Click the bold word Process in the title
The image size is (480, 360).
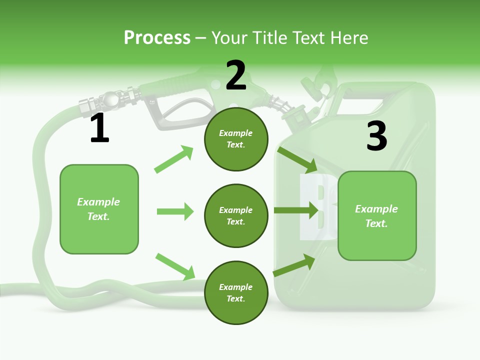pos(157,37)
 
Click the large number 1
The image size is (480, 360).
pos(99,129)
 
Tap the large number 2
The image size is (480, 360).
pos(236,75)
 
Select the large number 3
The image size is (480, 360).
pos(376,136)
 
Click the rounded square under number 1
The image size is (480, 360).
pos(99,209)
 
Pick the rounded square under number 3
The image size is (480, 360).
pos(377,216)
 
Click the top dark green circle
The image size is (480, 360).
pos(236,139)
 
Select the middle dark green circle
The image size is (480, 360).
pos(236,216)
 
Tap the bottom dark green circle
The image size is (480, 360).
pos(236,293)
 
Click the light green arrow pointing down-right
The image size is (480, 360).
pos(175,266)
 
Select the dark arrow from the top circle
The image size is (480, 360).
pos(297,158)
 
